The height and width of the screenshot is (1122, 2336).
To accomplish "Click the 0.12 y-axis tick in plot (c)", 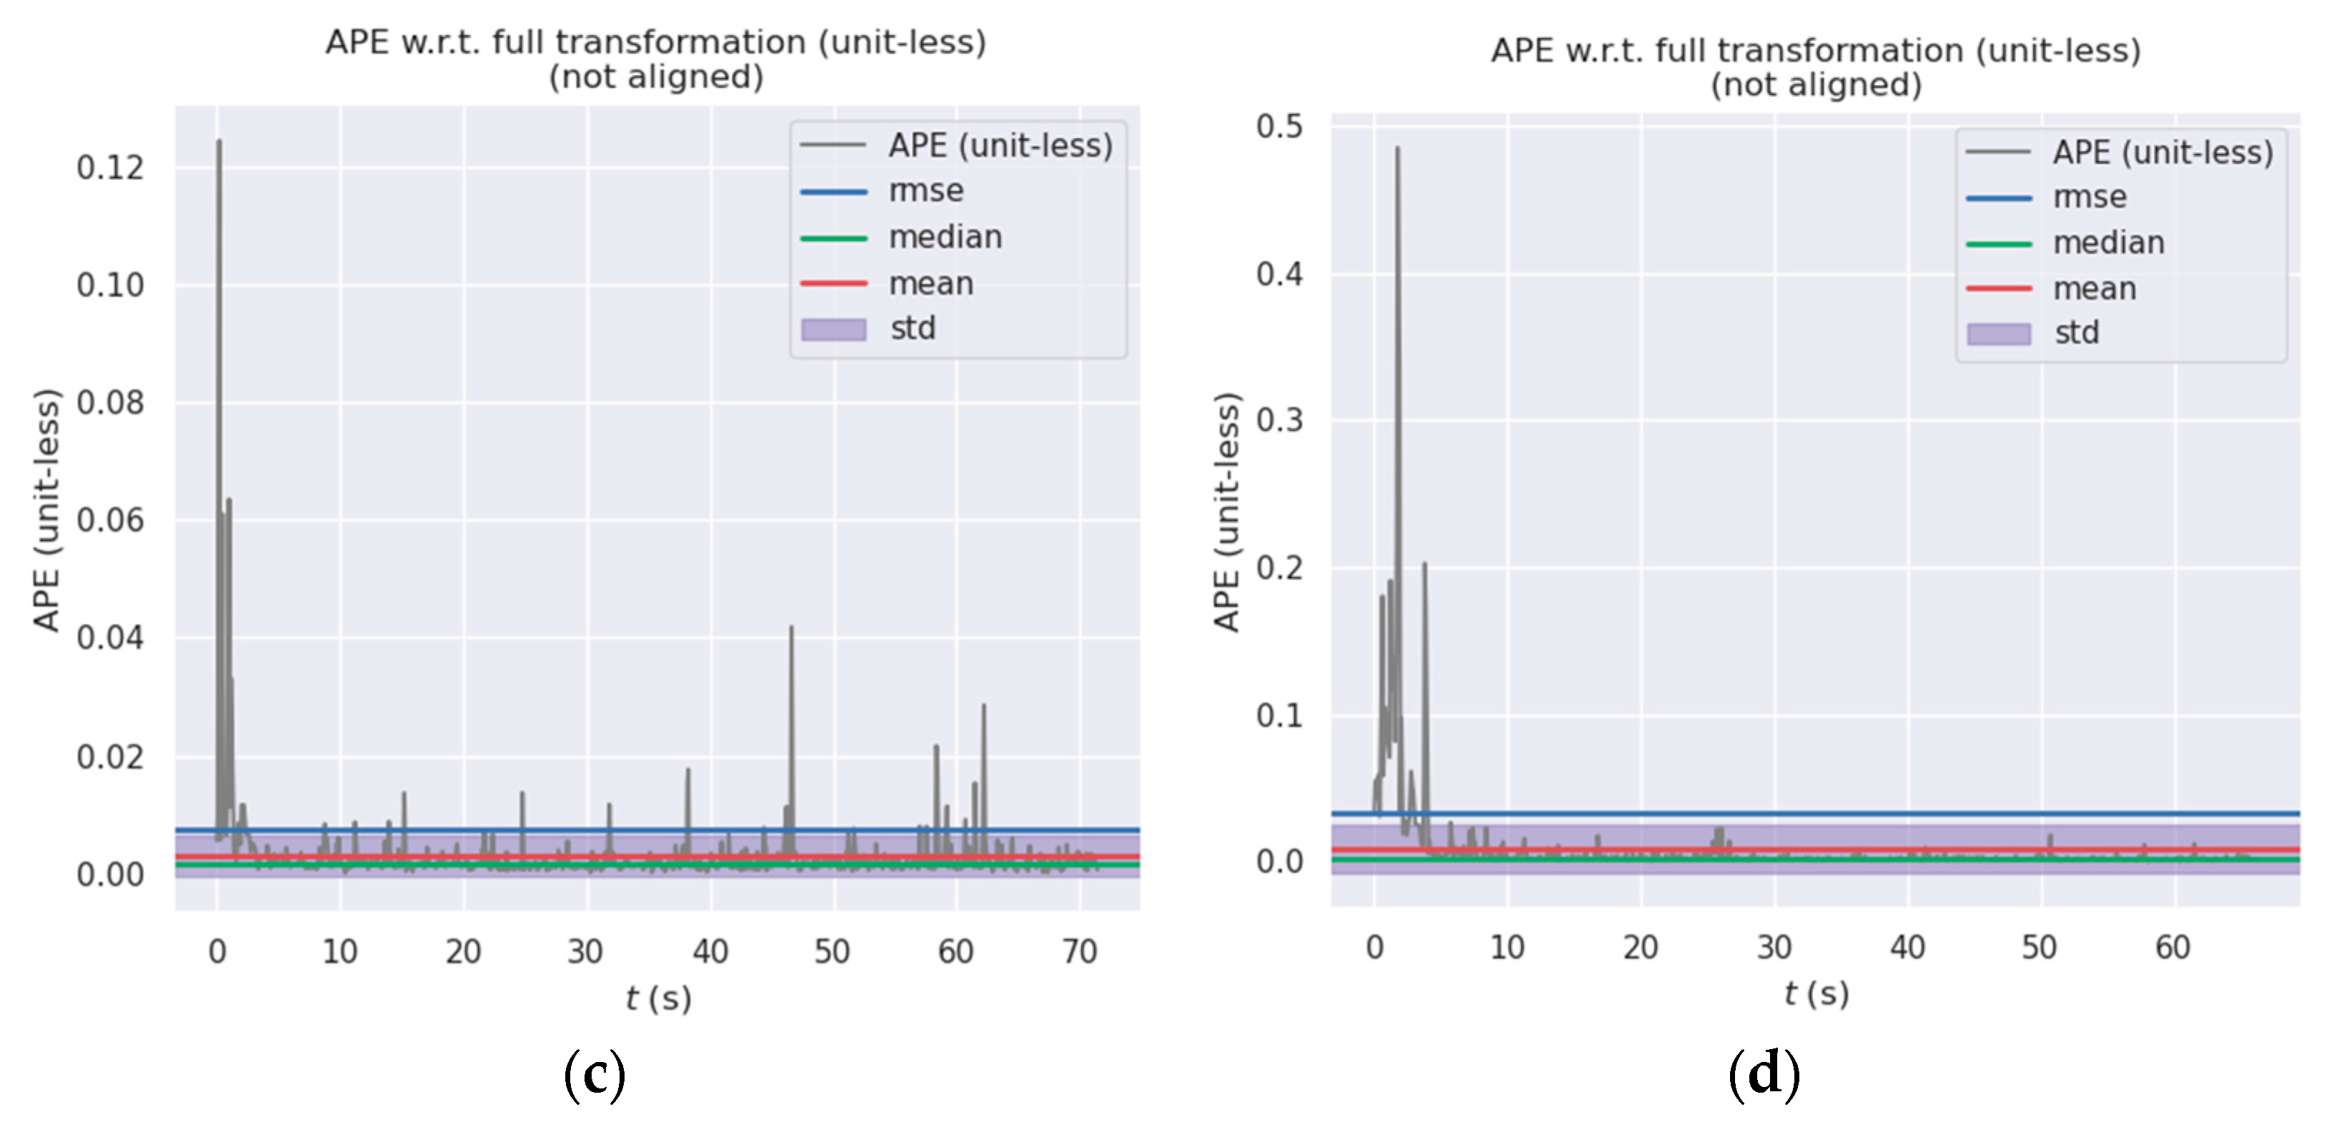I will coord(110,168).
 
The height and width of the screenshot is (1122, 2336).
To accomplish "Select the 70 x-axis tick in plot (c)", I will coord(1078,951).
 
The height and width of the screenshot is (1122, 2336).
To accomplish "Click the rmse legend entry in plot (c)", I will coord(925,192).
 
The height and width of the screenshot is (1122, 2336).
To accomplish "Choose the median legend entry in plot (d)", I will coord(2107,243).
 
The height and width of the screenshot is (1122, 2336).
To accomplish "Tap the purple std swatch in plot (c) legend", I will coord(832,329).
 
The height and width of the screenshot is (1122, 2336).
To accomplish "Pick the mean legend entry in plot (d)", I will coord(2094,289).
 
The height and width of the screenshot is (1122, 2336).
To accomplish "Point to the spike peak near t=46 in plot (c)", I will coord(791,627).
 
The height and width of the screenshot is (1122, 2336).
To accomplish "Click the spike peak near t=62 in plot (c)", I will coord(983,705).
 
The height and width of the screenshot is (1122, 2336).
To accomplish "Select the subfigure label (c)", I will coord(594,1075).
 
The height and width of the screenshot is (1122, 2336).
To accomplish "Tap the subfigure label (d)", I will coord(1763,1075).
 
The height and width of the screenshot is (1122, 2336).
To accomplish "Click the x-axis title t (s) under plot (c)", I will coord(658,998).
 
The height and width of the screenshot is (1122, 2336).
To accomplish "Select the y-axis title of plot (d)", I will coord(1226,512).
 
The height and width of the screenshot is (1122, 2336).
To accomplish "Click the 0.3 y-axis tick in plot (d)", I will coord(1278,420).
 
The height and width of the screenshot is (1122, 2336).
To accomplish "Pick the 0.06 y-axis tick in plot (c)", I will coord(110,521).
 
